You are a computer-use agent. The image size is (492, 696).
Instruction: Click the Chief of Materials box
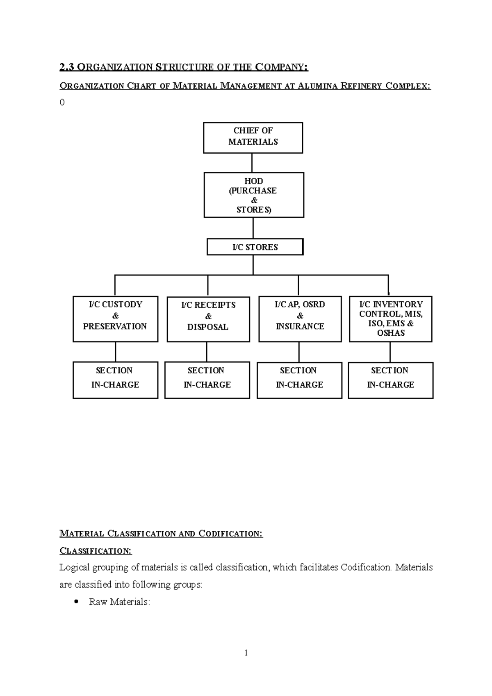coord(253,138)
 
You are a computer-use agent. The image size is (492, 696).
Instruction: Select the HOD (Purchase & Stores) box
coord(254,195)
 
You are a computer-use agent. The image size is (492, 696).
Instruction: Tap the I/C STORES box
coord(255,247)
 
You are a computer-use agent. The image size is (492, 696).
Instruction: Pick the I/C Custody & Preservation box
coord(115,319)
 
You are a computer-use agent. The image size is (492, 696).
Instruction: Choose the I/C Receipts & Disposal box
coord(208,319)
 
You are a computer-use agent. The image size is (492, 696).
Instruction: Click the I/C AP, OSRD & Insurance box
coord(300,319)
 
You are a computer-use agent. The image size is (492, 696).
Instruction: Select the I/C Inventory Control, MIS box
coord(391,319)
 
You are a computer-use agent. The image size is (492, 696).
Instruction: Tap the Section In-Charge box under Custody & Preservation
coord(115,380)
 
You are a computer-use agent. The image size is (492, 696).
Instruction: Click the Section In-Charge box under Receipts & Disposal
coord(207,380)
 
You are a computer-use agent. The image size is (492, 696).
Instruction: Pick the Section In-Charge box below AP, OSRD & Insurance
coord(299,380)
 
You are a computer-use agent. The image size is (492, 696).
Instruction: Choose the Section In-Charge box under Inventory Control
coord(391,380)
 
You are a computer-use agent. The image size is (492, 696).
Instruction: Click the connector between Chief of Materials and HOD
coord(252,163)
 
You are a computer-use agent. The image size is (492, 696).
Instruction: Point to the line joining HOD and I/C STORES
coord(253,228)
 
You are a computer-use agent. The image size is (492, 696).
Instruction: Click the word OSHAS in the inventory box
coord(391,333)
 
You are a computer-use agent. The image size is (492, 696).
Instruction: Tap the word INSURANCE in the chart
coord(300,327)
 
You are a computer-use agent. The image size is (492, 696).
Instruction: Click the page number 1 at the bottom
coord(246,653)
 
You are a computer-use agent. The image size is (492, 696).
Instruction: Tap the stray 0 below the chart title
coord(62,102)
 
